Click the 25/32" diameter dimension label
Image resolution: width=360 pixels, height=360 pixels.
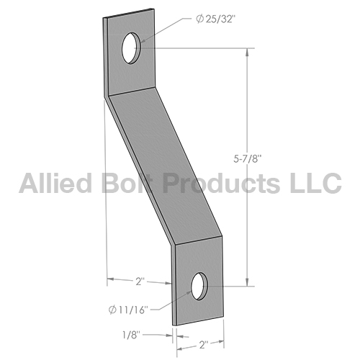tap(215, 19)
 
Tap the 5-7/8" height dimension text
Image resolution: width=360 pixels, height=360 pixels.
tap(247, 158)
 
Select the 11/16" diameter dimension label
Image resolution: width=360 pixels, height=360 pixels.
tap(127, 310)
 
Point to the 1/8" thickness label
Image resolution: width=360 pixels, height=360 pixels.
tap(131, 335)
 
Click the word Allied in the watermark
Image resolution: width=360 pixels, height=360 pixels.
tap(55, 183)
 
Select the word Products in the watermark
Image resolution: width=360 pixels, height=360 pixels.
tap(221, 183)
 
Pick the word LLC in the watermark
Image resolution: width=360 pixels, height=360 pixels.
tap(315, 183)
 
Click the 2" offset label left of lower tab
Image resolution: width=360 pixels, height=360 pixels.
tap(140, 281)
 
